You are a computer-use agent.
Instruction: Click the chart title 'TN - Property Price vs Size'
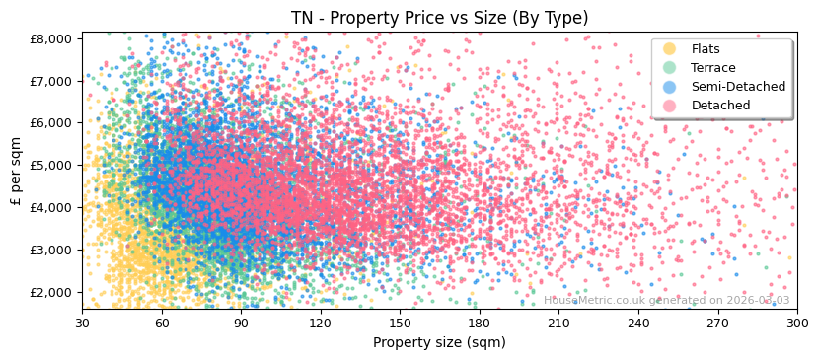tap(439, 18)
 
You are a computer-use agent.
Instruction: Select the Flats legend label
tap(706, 49)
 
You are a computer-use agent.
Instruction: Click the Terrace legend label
tap(712, 68)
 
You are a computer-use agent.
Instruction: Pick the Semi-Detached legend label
tap(738, 87)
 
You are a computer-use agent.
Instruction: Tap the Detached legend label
tap(719, 106)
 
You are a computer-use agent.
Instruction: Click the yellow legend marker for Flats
tap(670, 49)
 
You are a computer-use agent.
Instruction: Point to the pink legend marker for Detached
tap(670, 106)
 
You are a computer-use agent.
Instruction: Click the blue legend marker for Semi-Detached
tap(670, 87)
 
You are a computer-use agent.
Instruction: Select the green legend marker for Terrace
tap(670, 68)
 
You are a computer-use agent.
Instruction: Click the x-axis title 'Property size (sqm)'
tap(439, 343)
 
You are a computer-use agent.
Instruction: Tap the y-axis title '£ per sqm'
tap(16, 171)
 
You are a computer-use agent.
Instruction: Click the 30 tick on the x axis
tap(82, 323)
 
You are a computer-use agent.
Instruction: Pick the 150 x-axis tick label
tap(400, 323)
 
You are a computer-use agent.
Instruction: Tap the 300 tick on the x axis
tap(796, 323)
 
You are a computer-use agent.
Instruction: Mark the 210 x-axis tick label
tap(558, 323)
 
